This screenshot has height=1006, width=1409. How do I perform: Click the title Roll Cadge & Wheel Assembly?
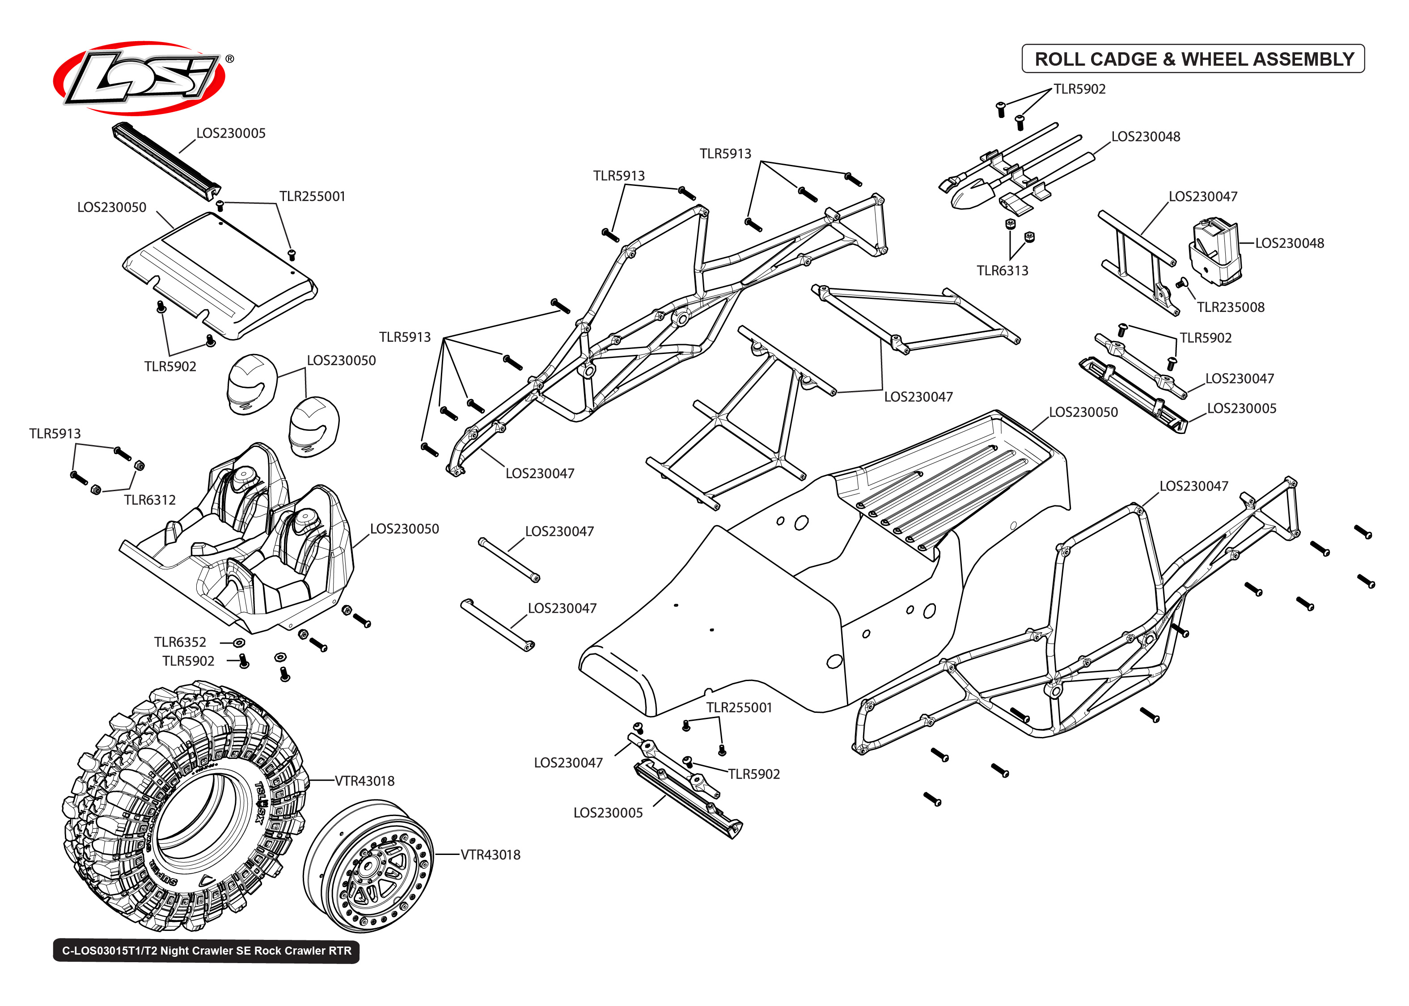(1193, 59)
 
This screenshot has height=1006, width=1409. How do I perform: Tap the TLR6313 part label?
(1002, 271)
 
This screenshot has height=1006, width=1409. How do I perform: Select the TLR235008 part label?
(1230, 307)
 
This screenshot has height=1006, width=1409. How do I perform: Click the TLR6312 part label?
(149, 500)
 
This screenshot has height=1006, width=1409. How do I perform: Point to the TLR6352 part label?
(180, 642)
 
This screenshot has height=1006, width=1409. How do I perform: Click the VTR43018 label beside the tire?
(364, 781)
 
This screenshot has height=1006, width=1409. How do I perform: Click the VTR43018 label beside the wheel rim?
(490, 855)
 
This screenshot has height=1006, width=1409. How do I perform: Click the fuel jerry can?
(1214, 251)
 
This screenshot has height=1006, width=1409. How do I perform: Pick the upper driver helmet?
(251, 384)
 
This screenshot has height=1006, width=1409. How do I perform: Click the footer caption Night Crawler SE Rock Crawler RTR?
(206, 951)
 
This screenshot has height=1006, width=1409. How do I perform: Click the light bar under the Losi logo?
(165, 160)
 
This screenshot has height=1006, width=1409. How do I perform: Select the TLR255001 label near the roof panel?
(312, 196)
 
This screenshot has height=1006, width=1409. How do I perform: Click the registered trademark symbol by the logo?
(230, 59)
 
